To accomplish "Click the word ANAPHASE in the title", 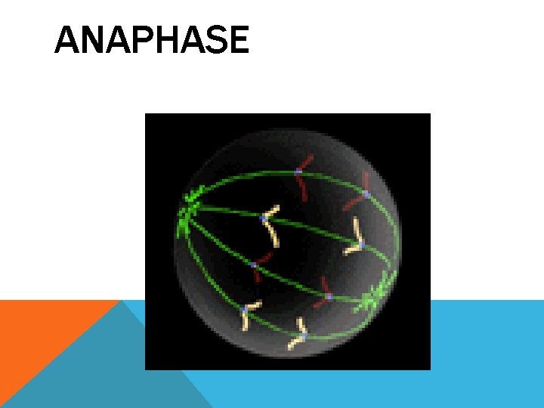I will [x=151, y=41].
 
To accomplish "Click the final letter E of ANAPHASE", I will [x=238, y=41].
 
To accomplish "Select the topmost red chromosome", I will [x=301, y=175].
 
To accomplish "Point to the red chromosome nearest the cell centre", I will [x=261, y=268].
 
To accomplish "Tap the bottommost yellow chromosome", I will [x=299, y=336].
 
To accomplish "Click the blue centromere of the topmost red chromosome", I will [x=298, y=172].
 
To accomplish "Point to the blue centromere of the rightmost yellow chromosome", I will [x=361, y=244].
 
